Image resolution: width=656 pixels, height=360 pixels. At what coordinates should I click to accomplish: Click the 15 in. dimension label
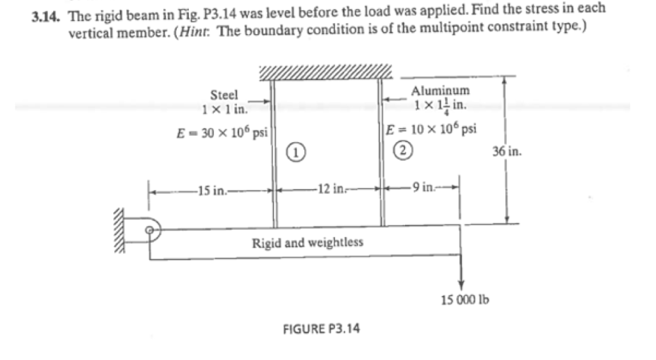[210, 190]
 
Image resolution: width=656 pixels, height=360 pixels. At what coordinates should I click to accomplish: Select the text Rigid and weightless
[307, 243]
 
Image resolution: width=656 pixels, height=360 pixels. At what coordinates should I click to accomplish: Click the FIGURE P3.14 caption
[321, 329]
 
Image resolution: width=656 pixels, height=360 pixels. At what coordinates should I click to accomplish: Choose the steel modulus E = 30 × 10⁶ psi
[222, 133]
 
